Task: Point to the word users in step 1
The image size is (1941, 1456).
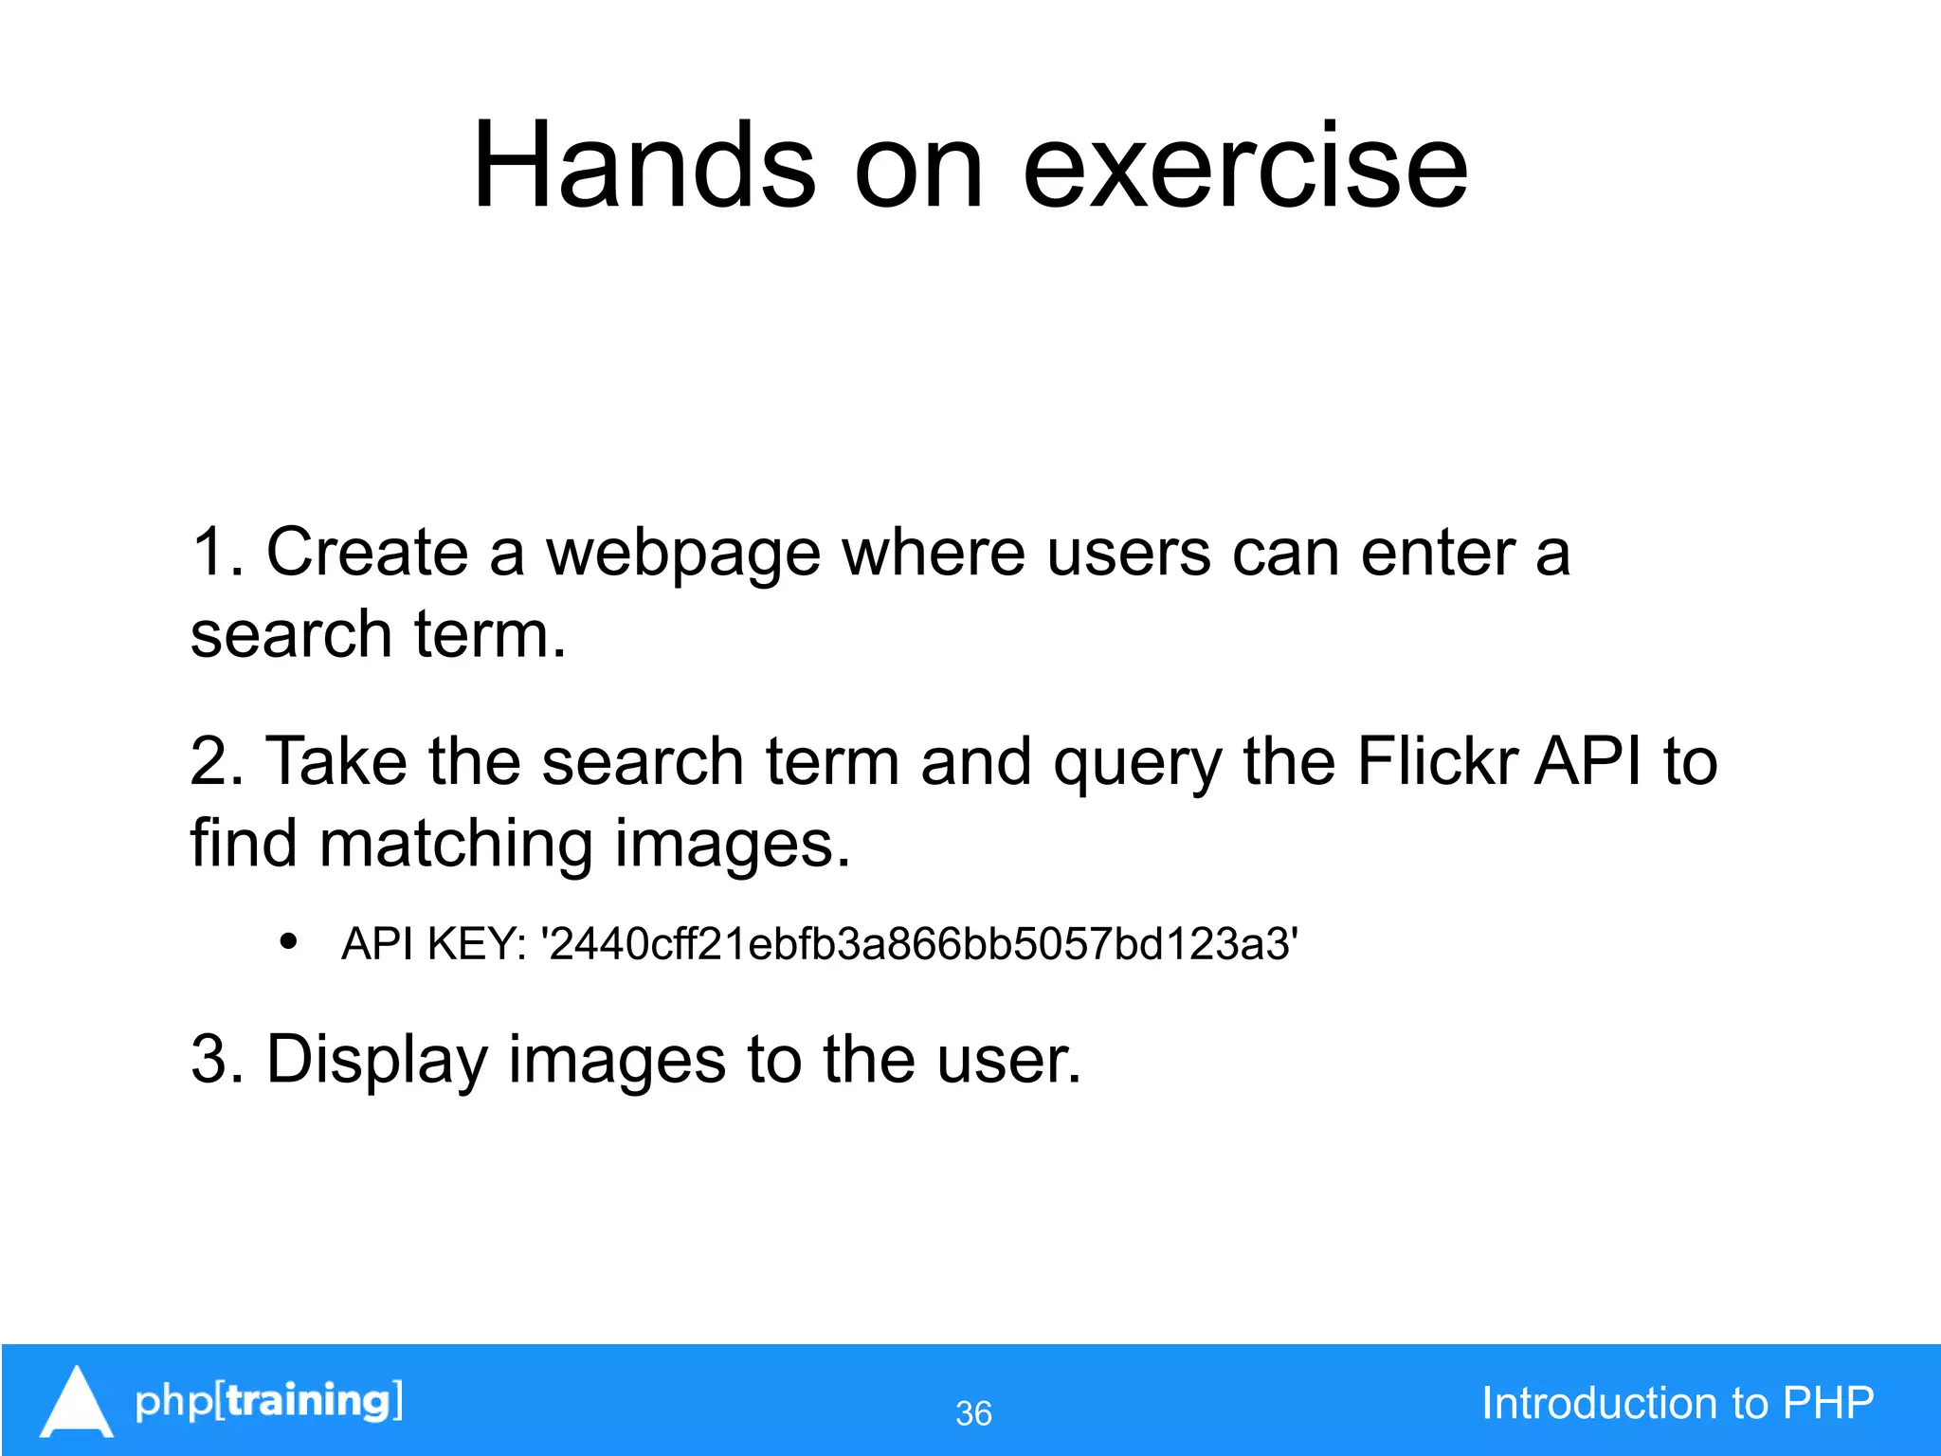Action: pos(1128,554)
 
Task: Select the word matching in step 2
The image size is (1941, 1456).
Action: pos(456,844)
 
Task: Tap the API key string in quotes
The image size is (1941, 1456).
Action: pos(918,944)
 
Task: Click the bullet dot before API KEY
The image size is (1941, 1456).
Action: pos(289,942)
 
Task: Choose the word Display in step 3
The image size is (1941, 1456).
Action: pos(376,1060)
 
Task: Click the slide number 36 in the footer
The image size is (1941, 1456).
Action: pos(973,1413)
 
